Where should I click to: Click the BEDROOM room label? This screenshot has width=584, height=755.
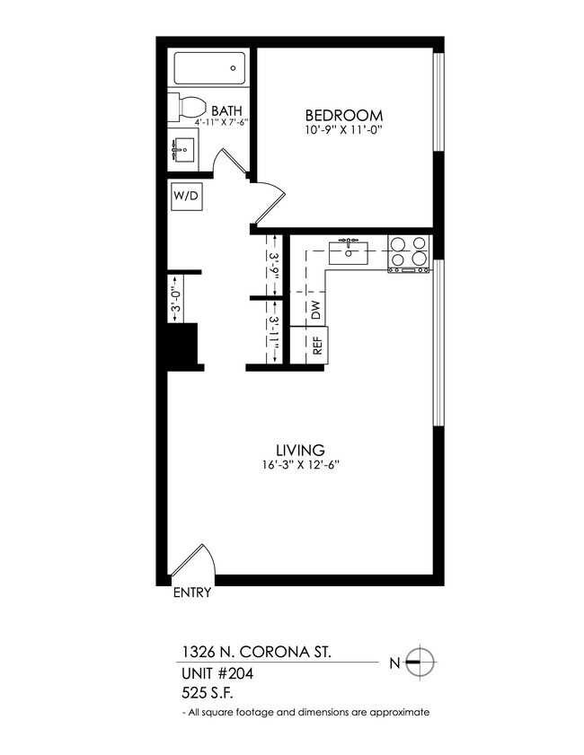(344, 115)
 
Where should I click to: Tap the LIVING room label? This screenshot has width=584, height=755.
(299, 449)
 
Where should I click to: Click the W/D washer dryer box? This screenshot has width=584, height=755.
(186, 196)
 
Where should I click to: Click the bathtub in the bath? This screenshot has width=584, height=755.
(208, 66)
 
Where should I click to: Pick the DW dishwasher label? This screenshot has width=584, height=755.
(315, 311)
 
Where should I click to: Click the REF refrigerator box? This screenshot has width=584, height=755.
(316, 345)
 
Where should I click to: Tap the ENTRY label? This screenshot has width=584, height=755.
(191, 593)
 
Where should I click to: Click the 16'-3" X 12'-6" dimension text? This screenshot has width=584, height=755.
(299, 465)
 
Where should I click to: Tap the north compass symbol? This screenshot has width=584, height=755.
(419, 663)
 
